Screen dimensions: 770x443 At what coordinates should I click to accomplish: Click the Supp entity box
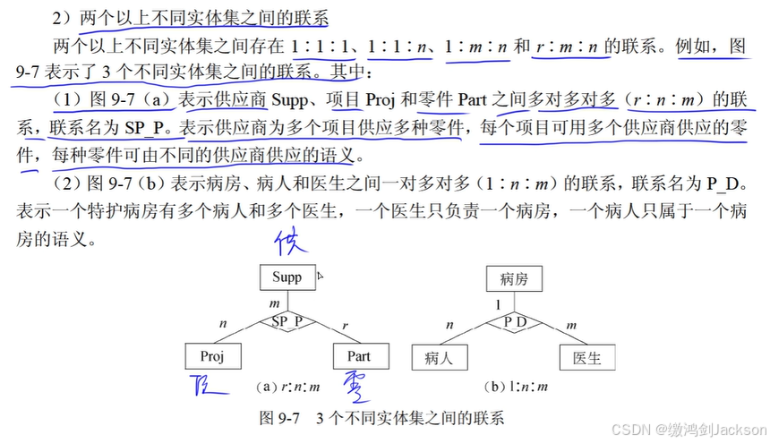pyautogui.click(x=287, y=277)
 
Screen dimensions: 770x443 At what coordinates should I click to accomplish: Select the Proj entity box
pyautogui.click(x=211, y=357)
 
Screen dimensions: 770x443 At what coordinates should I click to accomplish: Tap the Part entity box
pyautogui.click(x=358, y=357)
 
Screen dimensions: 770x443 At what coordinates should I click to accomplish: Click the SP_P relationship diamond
pyautogui.click(x=287, y=320)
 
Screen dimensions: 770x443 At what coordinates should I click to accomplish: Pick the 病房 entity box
pyautogui.click(x=514, y=279)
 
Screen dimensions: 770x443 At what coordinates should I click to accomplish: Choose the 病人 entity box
pyautogui.click(x=439, y=358)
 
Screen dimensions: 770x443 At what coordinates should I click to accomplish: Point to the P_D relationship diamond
pyautogui.click(x=514, y=320)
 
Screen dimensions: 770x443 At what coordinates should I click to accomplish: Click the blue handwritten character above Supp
pyautogui.click(x=291, y=243)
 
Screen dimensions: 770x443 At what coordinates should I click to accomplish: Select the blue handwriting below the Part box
pyautogui.click(x=357, y=388)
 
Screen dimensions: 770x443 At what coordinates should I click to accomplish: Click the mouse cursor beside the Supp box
pyautogui.click(x=320, y=277)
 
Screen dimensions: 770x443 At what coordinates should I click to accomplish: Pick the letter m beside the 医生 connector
pyautogui.click(x=571, y=325)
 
